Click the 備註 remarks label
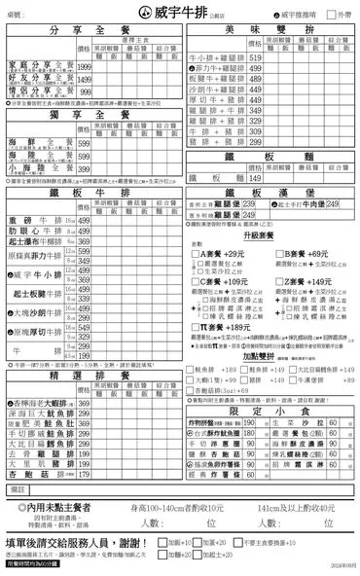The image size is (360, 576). pos(17,488)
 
